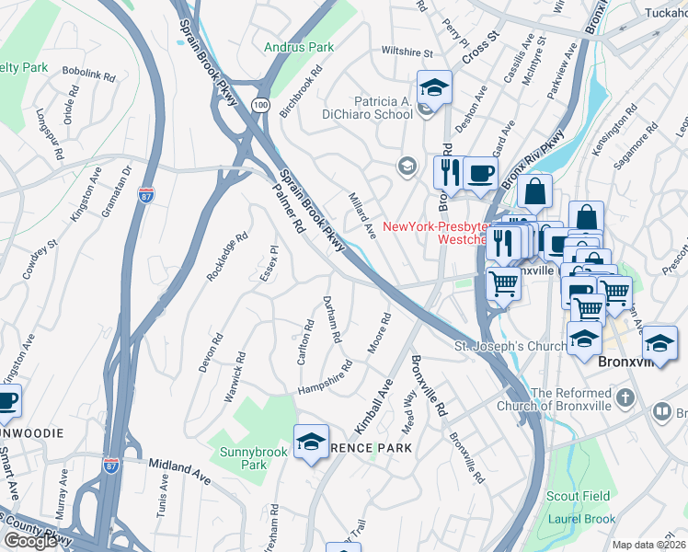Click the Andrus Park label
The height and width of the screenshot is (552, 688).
pyautogui.click(x=299, y=46)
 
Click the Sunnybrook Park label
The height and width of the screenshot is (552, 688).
pyautogui.click(x=243, y=458)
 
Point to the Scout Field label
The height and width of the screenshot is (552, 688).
pyautogui.click(x=578, y=496)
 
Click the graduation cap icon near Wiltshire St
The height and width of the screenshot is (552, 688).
pyautogui.click(x=434, y=88)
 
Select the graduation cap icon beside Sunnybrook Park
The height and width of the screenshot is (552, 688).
pyautogui.click(x=311, y=443)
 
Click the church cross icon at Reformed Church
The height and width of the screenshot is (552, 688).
pyautogui.click(x=625, y=398)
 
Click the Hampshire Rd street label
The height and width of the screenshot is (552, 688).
pyautogui.click(x=324, y=378)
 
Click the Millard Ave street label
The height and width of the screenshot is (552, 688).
pyautogui.click(x=361, y=214)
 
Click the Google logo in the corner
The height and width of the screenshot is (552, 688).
pyautogui.click(x=30, y=541)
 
